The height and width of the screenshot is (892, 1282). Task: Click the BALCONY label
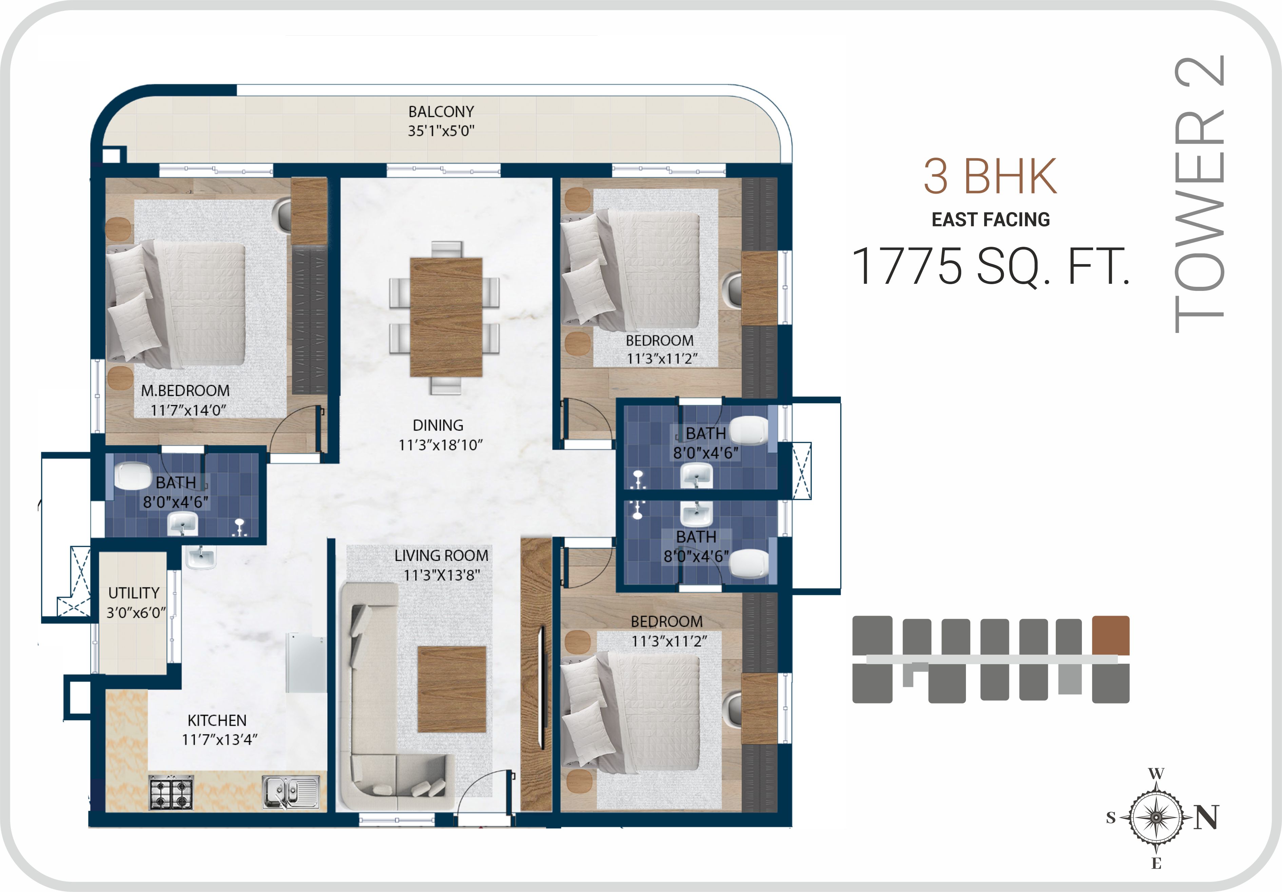point(441,112)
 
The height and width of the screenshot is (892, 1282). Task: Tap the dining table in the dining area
point(446,317)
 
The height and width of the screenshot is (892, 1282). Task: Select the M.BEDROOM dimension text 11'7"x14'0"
point(188,410)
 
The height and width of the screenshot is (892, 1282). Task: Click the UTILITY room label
point(134,593)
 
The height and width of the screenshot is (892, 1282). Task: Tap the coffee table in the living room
point(452,689)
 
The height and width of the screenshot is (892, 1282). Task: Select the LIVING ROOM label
point(441,555)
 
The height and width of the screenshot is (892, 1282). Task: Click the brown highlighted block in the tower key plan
point(1111,635)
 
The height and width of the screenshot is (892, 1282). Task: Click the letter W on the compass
point(1156,774)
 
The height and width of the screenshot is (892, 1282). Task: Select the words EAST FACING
point(991,219)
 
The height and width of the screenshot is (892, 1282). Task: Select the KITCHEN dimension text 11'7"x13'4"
point(219,740)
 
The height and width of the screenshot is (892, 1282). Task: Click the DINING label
point(438,425)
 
